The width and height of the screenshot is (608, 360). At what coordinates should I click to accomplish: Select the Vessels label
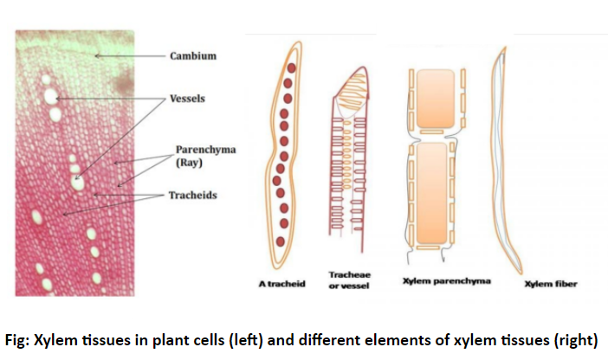(x=186, y=99)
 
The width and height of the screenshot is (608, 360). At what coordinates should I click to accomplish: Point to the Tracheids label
(x=192, y=195)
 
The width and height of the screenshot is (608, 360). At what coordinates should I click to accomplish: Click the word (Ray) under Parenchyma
(x=190, y=163)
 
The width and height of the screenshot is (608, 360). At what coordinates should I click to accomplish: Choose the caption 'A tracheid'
(x=283, y=283)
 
